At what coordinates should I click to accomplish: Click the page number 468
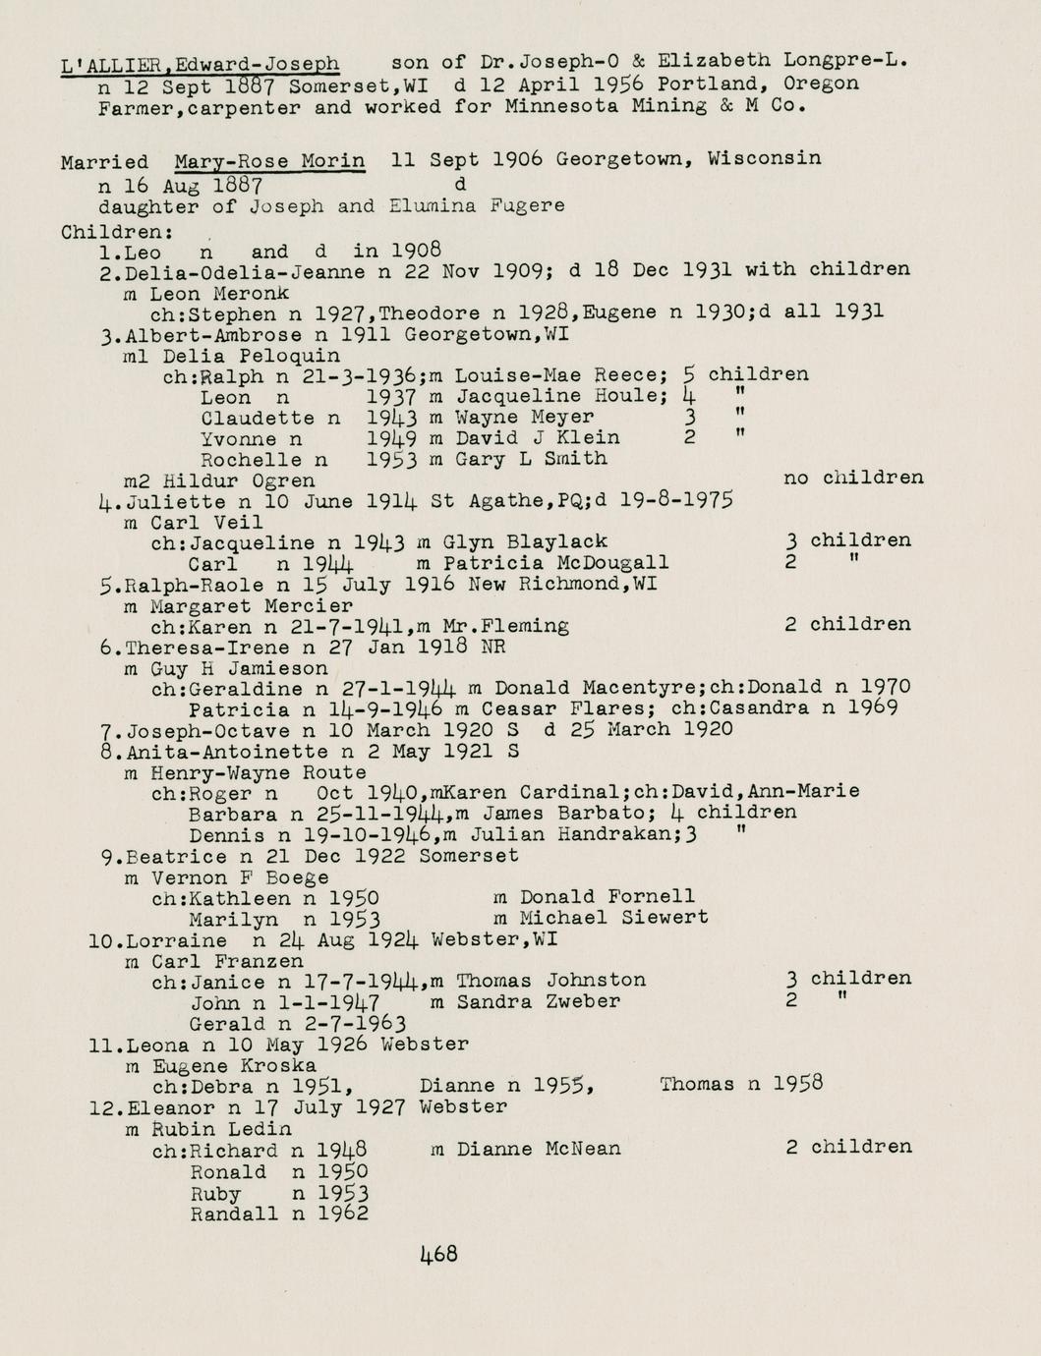(x=438, y=1254)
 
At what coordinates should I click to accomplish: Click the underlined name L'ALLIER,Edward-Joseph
(x=201, y=65)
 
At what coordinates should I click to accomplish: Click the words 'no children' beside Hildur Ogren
(x=853, y=479)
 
